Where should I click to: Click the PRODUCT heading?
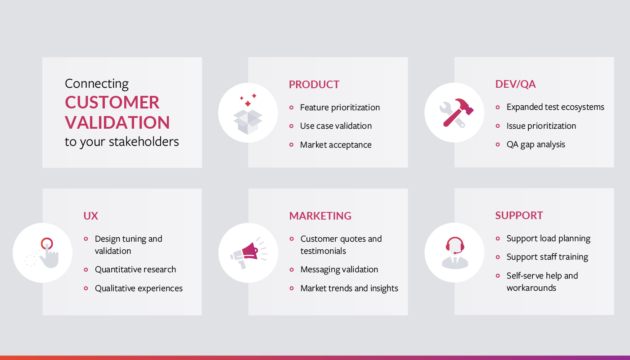tap(314, 85)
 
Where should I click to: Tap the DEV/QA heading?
tap(515, 84)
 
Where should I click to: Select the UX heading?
tap(90, 216)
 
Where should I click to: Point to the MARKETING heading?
tap(320, 216)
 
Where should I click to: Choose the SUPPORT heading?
tap(519, 216)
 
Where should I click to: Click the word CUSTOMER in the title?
tap(112, 102)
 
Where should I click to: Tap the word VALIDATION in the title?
tap(117, 122)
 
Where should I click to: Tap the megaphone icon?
tap(248, 253)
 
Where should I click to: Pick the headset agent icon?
tap(455, 253)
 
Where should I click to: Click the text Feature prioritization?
tap(340, 108)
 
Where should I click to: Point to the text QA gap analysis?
tap(535, 144)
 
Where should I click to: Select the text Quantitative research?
tap(135, 270)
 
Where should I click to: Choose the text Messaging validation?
tap(339, 270)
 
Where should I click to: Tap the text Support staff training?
tap(547, 257)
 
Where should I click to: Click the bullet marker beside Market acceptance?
tap(292, 145)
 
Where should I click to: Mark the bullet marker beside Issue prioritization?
tap(498, 126)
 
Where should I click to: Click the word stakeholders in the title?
tap(144, 141)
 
